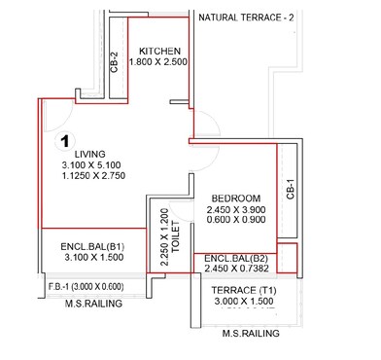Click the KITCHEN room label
156,51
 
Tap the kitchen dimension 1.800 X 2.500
156,62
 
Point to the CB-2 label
114,62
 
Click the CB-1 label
289,189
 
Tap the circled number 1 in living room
64,141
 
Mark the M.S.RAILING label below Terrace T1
252,334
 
